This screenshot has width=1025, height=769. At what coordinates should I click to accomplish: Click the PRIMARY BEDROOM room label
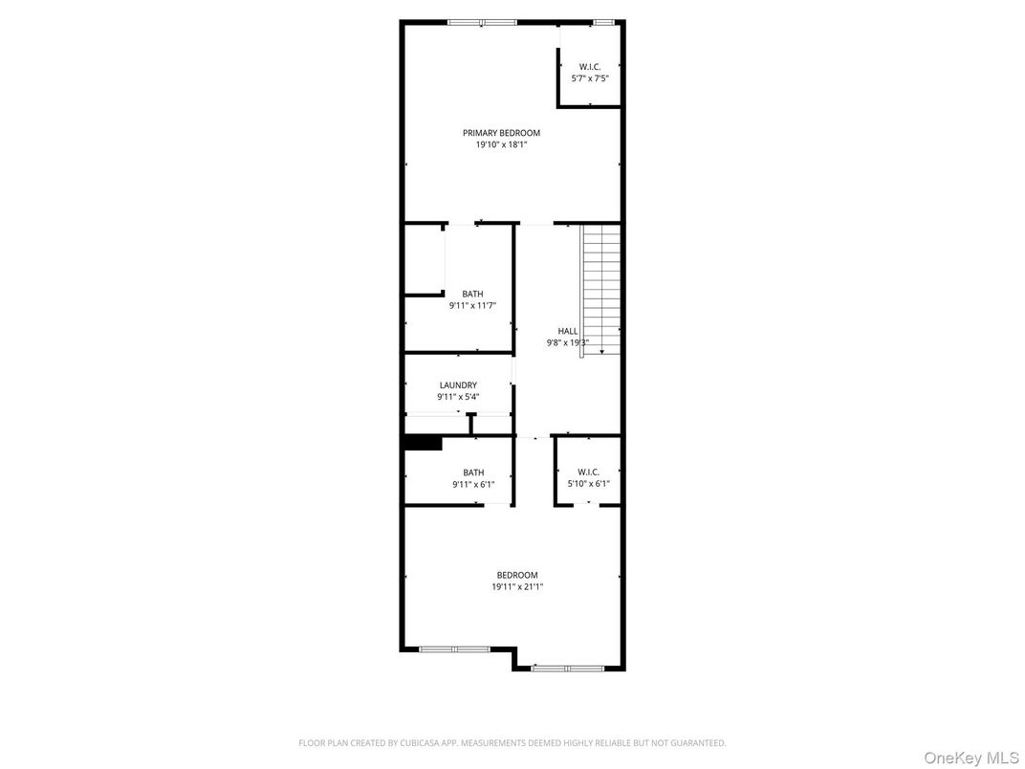(x=501, y=133)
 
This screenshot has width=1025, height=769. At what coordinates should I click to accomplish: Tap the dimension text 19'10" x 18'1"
(x=501, y=145)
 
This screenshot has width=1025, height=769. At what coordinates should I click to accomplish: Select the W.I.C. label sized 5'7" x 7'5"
(x=589, y=66)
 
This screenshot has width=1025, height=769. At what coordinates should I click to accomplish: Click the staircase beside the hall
(x=601, y=287)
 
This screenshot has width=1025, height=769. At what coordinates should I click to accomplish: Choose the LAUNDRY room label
(x=458, y=385)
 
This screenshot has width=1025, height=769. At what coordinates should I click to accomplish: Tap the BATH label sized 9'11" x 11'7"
(x=472, y=294)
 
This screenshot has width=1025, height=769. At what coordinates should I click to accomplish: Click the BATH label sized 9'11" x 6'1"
(x=473, y=472)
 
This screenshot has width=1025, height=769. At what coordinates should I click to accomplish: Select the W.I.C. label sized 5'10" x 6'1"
(x=588, y=472)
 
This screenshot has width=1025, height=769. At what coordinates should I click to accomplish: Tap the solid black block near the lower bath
(x=423, y=443)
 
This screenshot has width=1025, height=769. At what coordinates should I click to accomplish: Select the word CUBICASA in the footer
(x=407, y=742)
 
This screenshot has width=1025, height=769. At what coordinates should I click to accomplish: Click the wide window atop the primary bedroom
(x=482, y=21)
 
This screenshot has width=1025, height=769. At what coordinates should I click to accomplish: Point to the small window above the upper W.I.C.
(x=602, y=21)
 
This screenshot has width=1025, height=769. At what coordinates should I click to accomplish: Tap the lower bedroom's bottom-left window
(x=454, y=649)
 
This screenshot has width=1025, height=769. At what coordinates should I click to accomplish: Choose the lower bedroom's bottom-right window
(x=567, y=668)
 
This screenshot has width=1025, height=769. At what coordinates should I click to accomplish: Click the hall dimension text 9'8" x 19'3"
(x=568, y=342)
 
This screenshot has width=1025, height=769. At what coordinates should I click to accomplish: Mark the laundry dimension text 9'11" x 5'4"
(x=458, y=397)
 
